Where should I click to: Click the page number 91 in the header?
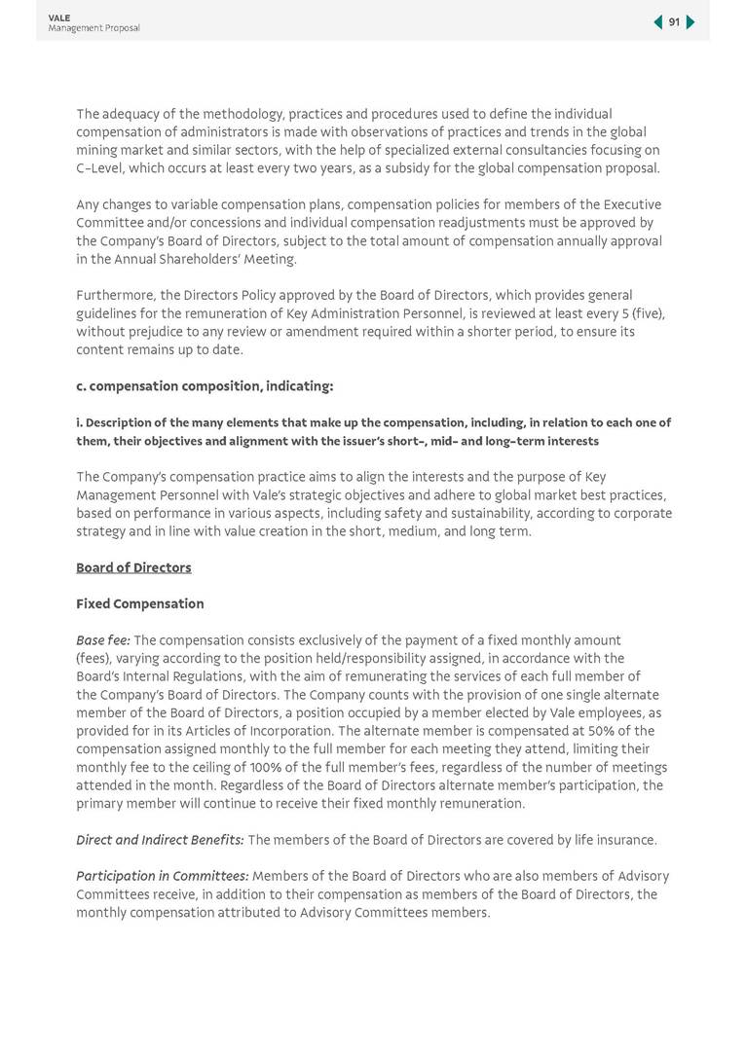[x=674, y=22]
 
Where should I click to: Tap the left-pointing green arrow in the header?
[x=658, y=22]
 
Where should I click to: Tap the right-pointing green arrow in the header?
[x=690, y=22]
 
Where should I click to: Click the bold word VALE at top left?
[x=58, y=18]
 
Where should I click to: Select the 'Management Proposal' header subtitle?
[x=93, y=28]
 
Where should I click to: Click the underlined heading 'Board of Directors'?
[x=133, y=567]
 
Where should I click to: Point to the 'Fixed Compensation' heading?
[x=140, y=603]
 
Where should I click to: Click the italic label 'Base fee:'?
[x=102, y=640]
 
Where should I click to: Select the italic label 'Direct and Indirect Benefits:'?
[x=160, y=840]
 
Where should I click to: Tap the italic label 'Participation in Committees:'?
[x=162, y=876]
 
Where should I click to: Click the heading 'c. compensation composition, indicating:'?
[x=205, y=386]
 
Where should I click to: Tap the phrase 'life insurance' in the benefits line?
[x=615, y=840]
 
